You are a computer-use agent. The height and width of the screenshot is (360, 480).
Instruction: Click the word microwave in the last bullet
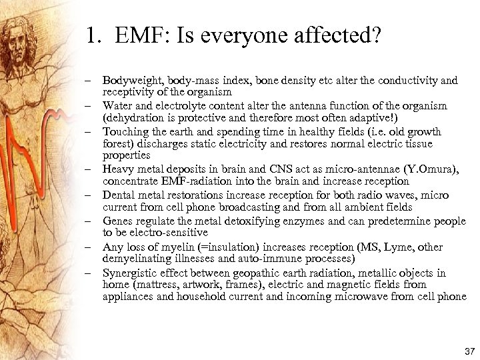pos(348,297)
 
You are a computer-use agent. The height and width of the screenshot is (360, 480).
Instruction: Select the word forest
pos(117,143)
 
